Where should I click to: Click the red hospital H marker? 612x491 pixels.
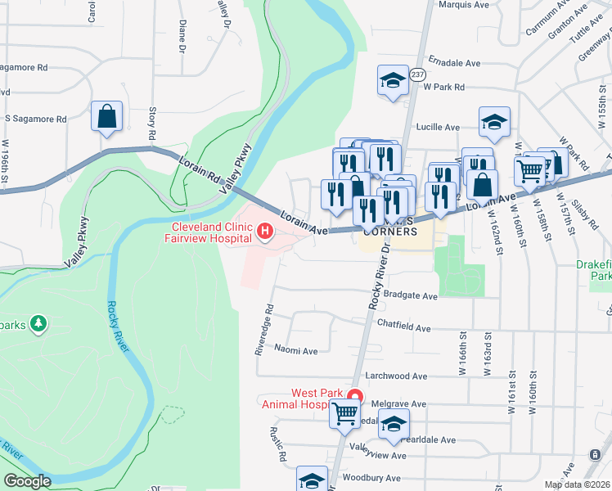[x=265, y=232]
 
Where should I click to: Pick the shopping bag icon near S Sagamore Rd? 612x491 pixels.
[x=107, y=116]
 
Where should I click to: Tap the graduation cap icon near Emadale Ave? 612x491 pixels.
[x=393, y=81]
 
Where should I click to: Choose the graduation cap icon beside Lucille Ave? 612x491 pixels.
[x=494, y=122]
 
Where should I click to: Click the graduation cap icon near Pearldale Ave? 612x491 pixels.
[x=394, y=424]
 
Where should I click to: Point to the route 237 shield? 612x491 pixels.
[x=417, y=74]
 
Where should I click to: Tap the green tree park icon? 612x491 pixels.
[x=38, y=325]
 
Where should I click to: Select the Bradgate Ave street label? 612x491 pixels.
[x=411, y=295]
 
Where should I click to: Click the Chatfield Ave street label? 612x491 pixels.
[x=403, y=327]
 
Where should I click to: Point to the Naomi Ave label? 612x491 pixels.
[x=295, y=350]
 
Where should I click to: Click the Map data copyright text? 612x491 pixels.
[x=576, y=484]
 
